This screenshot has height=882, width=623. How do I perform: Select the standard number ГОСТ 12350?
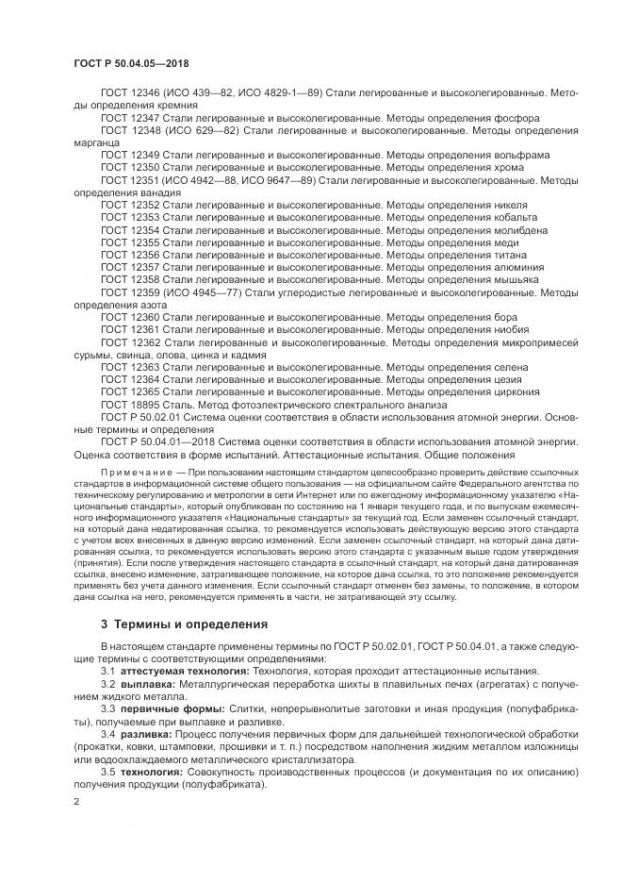[130, 166]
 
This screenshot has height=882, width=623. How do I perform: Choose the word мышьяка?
[517, 280]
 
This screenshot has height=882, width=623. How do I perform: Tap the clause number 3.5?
[108, 772]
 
